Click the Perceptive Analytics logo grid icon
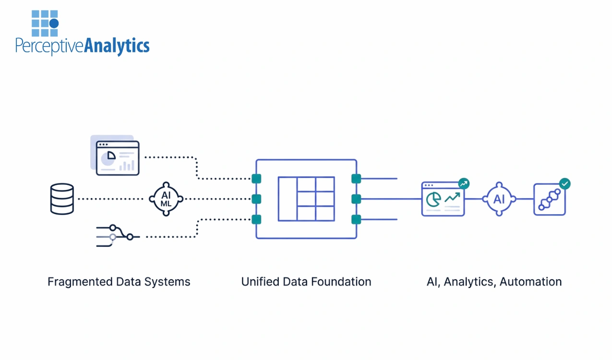tap(45, 23)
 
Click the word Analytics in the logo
tap(117, 46)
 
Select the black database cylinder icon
tap(62, 199)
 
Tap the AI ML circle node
tap(166, 198)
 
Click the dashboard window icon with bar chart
tap(118, 158)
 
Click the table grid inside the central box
tap(306, 199)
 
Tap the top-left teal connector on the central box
tap(256, 179)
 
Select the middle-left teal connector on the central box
tap(256, 199)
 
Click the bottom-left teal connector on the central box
tap(256, 219)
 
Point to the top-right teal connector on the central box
tap(356, 179)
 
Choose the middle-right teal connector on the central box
tap(356, 199)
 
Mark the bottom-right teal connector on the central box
tap(356, 219)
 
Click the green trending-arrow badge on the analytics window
tap(463, 183)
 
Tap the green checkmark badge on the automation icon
tap(565, 183)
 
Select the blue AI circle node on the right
tap(499, 199)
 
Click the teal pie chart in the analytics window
tap(433, 199)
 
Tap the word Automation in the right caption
tap(530, 282)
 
